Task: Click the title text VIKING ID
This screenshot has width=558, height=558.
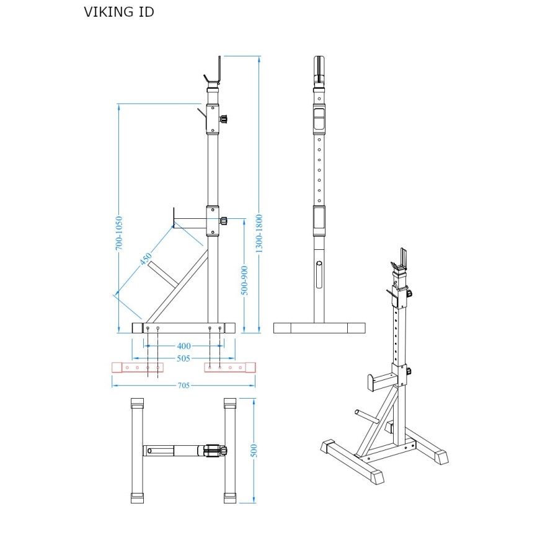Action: pyautogui.click(x=118, y=12)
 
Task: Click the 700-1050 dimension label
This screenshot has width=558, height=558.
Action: pyautogui.click(x=119, y=233)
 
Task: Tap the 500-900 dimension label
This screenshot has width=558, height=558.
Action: pyautogui.click(x=244, y=280)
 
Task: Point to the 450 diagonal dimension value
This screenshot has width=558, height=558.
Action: pyautogui.click(x=146, y=259)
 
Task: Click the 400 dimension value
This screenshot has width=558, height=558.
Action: pyautogui.click(x=184, y=346)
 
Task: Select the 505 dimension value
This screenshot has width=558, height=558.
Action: pyautogui.click(x=184, y=358)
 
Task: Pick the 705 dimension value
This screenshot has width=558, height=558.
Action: pyautogui.click(x=184, y=385)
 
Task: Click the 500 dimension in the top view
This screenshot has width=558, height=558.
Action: pyautogui.click(x=254, y=451)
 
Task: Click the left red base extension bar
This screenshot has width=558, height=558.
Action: pyautogui.click(x=137, y=367)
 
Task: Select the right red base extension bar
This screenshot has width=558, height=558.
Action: pyautogui.click(x=230, y=367)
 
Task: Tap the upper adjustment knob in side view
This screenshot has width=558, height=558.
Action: pyautogui.click(x=224, y=118)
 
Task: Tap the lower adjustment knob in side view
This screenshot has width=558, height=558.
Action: pyautogui.click(x=224, y=220)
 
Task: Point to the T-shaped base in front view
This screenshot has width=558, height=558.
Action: pyautogui.click(x=319, y=328)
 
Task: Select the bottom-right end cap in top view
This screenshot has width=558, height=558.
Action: pyautogui.click(x=230, y=497)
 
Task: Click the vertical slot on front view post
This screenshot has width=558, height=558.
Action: pyautogui.click(x=319, y=275)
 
